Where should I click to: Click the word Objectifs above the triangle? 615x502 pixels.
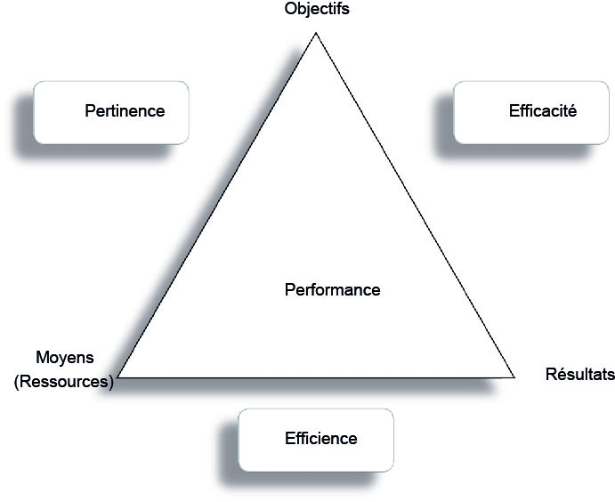316,10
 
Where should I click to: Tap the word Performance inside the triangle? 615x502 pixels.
332,290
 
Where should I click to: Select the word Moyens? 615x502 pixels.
64,358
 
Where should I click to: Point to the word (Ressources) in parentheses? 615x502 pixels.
64,383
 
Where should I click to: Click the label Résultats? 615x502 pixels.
579,375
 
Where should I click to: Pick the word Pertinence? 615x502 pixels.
125,111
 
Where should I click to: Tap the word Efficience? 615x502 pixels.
321,439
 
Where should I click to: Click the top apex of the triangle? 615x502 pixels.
315,34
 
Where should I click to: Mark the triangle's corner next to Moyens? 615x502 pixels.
118,377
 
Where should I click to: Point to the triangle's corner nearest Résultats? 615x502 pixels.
514,376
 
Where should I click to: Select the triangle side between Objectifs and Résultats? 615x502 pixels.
415,206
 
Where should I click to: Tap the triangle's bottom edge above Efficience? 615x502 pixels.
316,377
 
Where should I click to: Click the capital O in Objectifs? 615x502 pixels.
290,10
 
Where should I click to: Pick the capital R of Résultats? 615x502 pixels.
550,375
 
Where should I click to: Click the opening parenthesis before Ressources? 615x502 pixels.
17,384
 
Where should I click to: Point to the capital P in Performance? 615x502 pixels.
289,290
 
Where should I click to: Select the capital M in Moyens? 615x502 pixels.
41,358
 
